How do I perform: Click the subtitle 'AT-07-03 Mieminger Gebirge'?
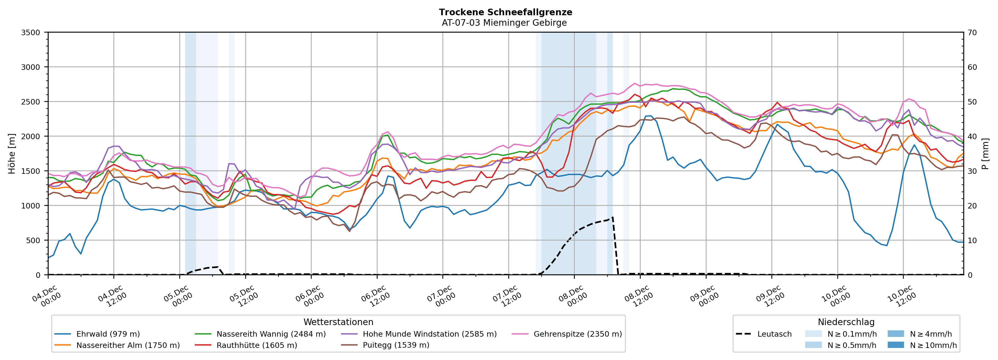click(x=504, y=23)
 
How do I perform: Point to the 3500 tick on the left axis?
click(x=31, y=33)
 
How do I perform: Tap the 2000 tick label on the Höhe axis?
click(x=31, y=136)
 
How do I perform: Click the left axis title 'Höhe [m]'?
click(x=12, y=154)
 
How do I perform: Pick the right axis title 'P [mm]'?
click(x=985, y=154)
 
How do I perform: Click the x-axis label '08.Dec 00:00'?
click(x=572, y=296)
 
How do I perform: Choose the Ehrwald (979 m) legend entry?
click(x=108, y=334)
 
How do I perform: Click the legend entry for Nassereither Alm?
click(x=128, y=345)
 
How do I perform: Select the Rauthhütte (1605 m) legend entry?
click(x=257, y=345)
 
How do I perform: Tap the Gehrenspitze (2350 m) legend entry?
click(x=577, y=334)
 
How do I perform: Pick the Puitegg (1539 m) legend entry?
click(x=396, y=345)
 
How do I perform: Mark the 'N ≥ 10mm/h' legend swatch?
click(x=895, y=345)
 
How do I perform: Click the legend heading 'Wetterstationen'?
click(x=338, y=322)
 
